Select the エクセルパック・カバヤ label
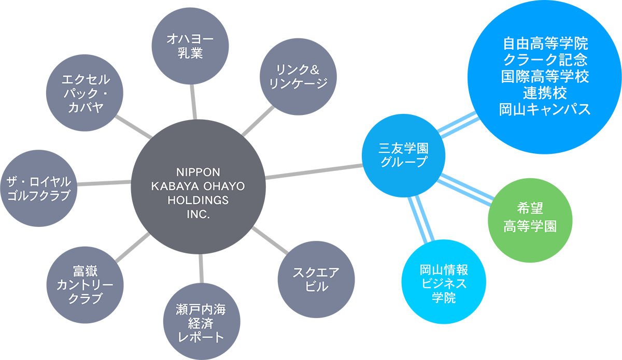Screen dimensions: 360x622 point(86,93)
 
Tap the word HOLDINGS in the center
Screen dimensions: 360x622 point(200,200)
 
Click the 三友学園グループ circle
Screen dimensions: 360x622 point(404,154)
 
